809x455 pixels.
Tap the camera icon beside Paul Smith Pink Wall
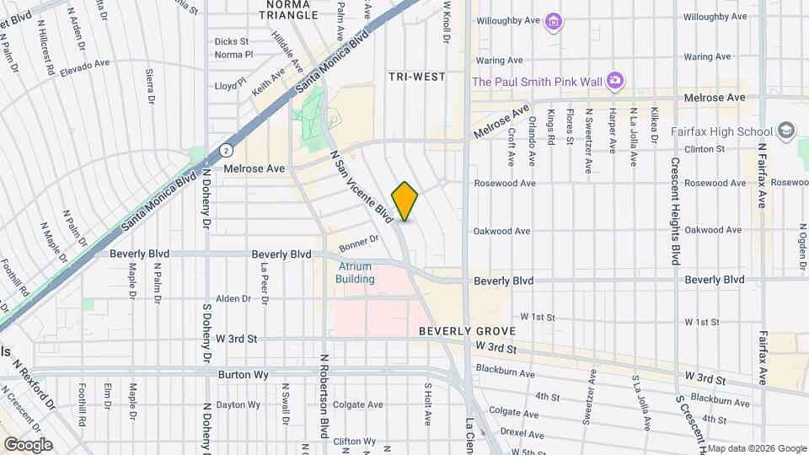pos(616,80)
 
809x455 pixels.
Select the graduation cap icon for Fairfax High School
pos(785,130)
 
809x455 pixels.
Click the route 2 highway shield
pos(226,150)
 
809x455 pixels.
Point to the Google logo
pos(28,444)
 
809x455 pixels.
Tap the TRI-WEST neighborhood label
pos(416,77)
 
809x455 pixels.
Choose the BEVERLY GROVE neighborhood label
pos(461,332)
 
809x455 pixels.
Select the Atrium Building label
pos(354,272)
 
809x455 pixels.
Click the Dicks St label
pos(232,40)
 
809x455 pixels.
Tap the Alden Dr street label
pos(234,298)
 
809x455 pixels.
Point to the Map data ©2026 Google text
pos(756,447)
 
